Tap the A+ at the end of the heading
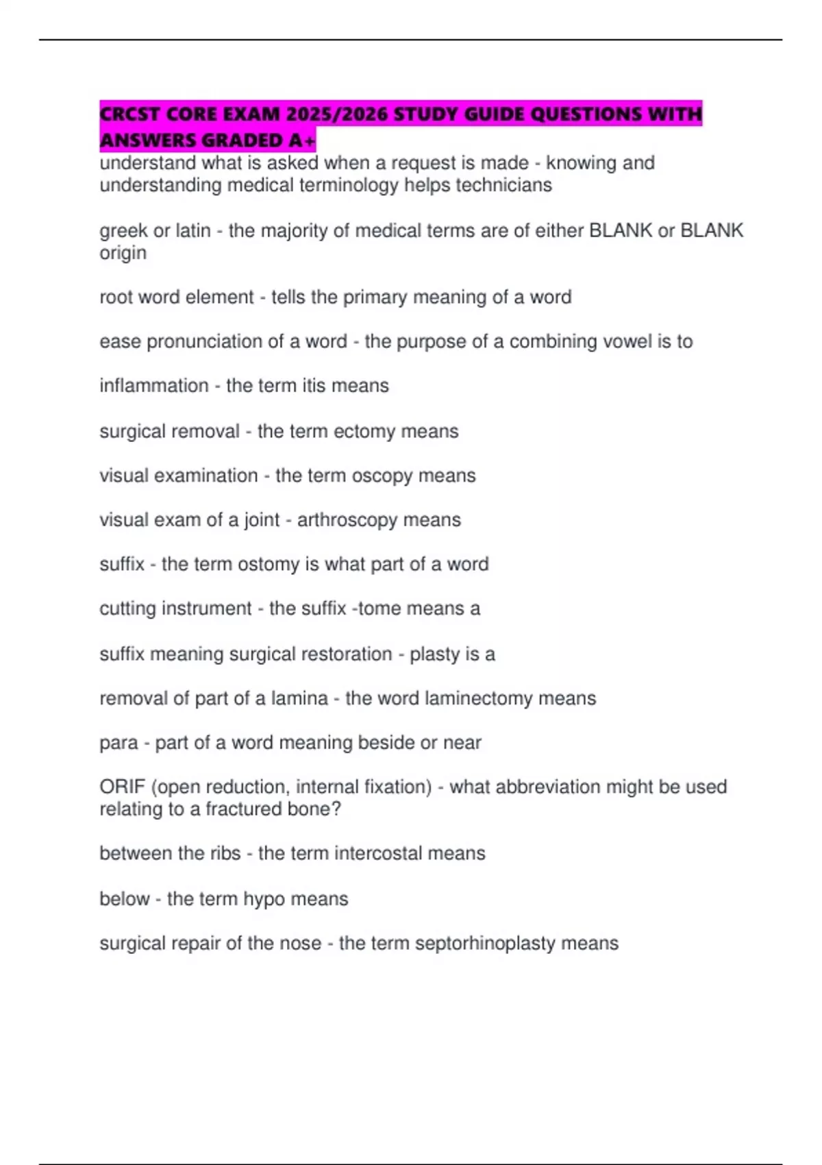[302, 140]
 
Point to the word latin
[193, 231]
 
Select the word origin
[123, 254]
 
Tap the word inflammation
[154, 386]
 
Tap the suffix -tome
[375, 609]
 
